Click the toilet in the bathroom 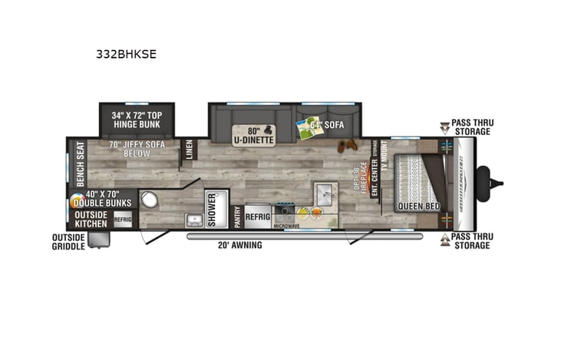(x=149, y=201)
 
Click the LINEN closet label (x=190, y=151)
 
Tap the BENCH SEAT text (x=80, y=163)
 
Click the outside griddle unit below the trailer (x=98, y=239)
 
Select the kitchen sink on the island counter (x=322, y=190)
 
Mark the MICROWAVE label (x=287, y=226)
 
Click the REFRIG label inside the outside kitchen (x=124, y=218)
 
